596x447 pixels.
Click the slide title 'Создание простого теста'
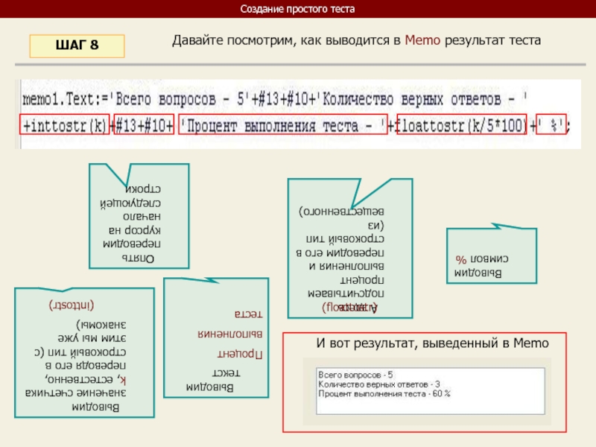point(298,9)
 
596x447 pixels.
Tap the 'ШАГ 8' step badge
point(77,45)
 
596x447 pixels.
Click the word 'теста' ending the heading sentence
point(521,40)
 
